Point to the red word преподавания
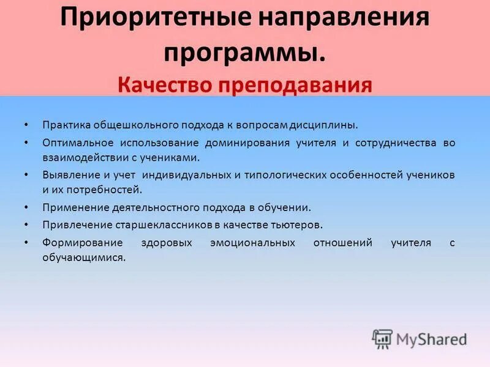tap(293, 84)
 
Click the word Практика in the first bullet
tap(66, 125)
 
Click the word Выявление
tap(69, 174)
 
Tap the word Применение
tap(71, 207)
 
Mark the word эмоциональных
tap(252, 243)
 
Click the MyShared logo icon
tap(382, 338)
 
